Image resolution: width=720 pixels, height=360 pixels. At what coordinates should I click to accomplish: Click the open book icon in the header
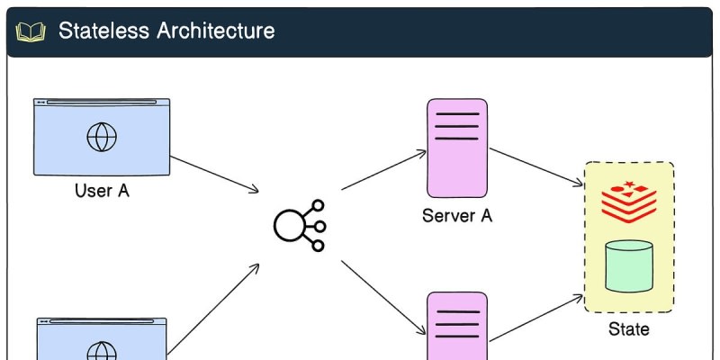click(x=31, y=32)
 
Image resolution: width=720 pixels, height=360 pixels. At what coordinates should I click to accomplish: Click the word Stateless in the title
click(x=103, y=31)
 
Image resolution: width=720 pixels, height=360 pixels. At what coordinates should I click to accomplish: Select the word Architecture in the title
click(x=216, y=31)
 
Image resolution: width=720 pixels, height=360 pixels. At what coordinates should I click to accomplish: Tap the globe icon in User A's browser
click(x=102, y=137)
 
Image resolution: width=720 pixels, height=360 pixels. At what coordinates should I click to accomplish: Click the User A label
click(x=102, y=190)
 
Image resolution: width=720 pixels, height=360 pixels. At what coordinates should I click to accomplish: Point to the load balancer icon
click(x=300, y=226)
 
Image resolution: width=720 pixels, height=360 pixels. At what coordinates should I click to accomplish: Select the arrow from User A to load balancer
click(x=214, y=174)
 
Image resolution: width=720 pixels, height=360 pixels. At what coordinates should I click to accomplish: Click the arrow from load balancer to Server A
click(x=384, y=169)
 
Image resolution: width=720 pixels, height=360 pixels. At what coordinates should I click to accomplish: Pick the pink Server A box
click(x=457, y=148)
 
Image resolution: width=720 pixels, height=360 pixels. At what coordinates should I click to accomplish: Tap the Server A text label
click(x=457, y=215)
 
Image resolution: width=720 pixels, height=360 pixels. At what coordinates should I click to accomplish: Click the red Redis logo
click(x=629, y=201)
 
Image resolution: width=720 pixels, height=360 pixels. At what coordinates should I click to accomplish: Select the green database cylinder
click(x=629, y=265)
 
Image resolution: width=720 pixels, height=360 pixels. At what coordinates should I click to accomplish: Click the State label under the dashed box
click(x=629, y=328)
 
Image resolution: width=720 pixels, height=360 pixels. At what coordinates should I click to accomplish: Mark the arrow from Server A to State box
click(x=536, y=167)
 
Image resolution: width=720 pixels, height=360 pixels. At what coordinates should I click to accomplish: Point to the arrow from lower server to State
click(x=536, y=319)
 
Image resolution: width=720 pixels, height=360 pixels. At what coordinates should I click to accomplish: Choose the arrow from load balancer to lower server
click(x=384, y=298)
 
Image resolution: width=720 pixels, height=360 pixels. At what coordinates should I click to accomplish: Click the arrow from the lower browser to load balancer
click(x=213, y=310)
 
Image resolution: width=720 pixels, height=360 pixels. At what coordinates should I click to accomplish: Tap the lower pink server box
click(x=457, y=326)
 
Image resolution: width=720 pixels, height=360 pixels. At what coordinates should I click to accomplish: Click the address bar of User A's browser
click(x=102, y=103)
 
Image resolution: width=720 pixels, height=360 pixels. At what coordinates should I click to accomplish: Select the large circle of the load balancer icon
click(x=289, y=226)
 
